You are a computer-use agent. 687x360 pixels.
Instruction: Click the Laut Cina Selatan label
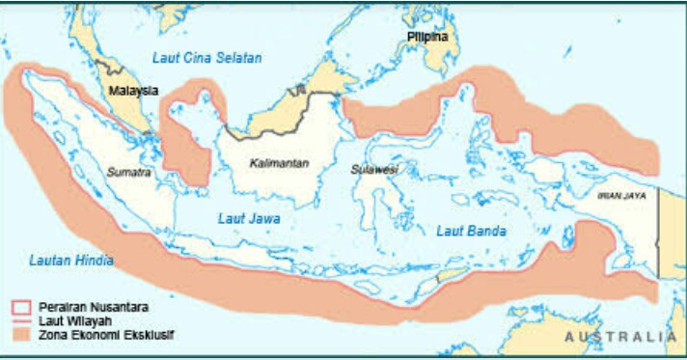click(207, 58)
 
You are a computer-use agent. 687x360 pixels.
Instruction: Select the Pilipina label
click(427, 38)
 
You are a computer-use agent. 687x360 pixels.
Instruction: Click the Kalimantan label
click(279, 163)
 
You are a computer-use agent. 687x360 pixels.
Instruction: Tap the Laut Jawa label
click(249, 219)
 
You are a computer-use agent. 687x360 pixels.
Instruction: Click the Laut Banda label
click(471, 231)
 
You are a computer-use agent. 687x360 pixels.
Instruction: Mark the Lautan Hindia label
click(71, 261)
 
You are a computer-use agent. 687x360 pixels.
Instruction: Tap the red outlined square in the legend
click(20, 307)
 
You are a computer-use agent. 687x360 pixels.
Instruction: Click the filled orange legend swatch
click(20, 335)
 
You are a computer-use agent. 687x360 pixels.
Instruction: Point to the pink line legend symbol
click(20, 320)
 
